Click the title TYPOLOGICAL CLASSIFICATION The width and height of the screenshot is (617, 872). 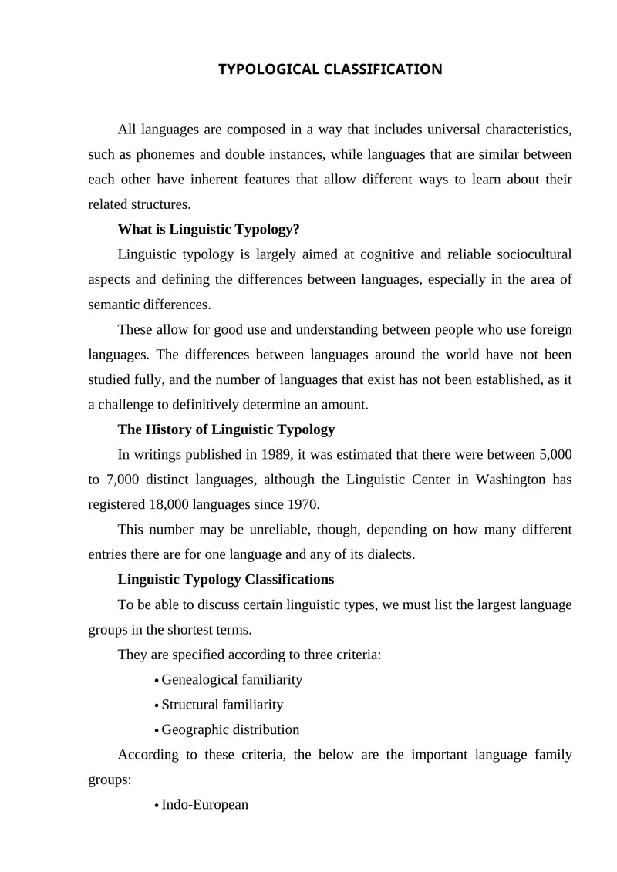[330, 70]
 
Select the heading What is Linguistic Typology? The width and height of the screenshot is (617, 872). [208, 229]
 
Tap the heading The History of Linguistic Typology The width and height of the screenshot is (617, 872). [226, 429]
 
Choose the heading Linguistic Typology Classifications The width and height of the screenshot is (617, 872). [225, 579]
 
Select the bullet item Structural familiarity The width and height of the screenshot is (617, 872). [222, 705]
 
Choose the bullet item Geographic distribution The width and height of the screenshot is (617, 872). [230, 729]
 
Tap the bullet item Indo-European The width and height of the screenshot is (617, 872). [205, 804]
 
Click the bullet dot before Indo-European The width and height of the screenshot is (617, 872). [157, 806]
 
